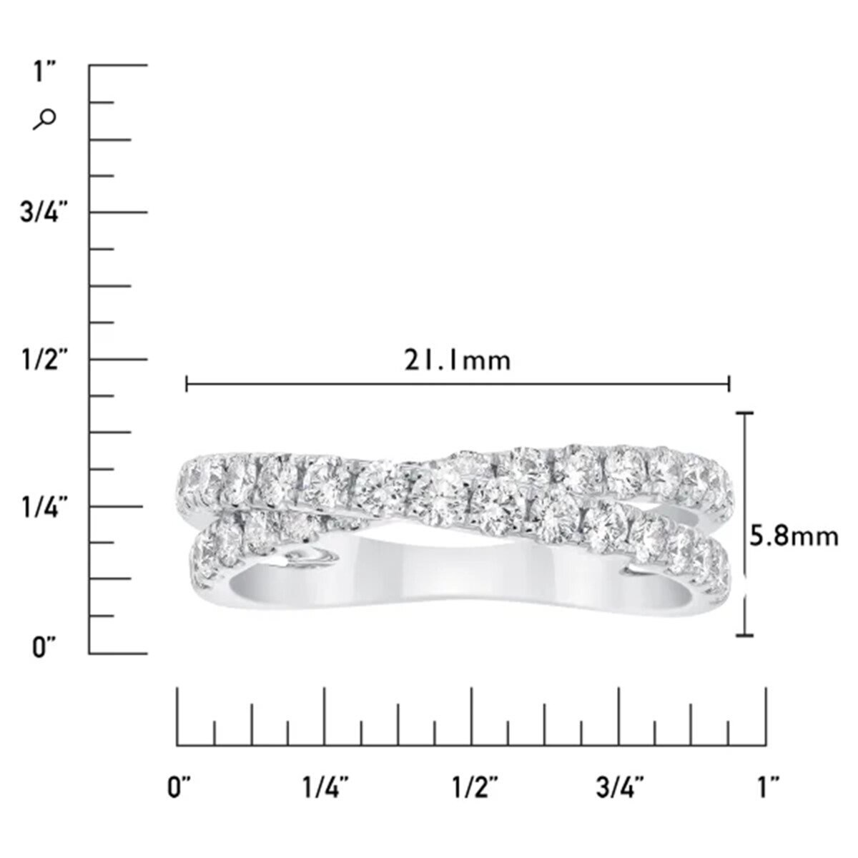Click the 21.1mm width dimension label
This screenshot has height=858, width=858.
(458, 360)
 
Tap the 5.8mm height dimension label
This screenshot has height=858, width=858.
(794, 537)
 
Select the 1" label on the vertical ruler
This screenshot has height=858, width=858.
(45, 71)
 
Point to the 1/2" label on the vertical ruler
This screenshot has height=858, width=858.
(46, 360)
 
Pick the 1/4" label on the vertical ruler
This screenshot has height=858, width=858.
(46, 507)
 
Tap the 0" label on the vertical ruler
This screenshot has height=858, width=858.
(44, 647)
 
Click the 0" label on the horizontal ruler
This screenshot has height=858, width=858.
(179, 786)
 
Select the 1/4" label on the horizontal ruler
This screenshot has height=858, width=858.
(326, 786)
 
